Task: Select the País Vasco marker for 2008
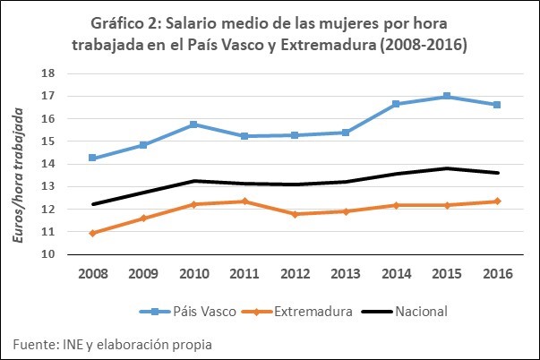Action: [92, 159]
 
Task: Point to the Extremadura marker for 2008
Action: [92, 233]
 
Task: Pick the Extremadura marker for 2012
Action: [295, 214]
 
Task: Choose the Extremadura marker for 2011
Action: [244, 201]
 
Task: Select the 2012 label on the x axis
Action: [295, 273]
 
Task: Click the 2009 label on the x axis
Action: [143, 273]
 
